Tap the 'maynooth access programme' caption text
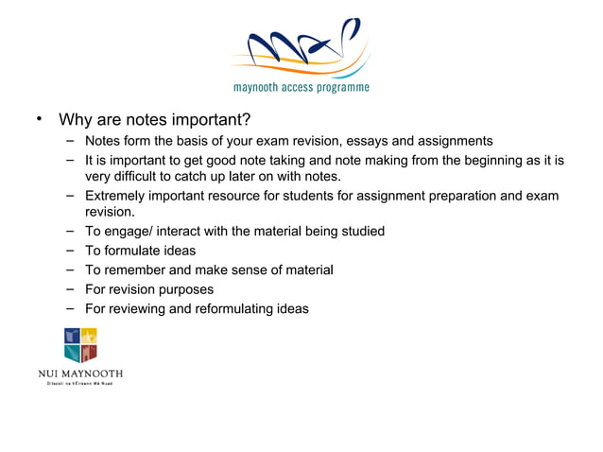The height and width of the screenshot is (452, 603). [x=301, y=88]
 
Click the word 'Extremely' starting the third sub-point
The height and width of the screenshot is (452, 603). [x=116, y=196]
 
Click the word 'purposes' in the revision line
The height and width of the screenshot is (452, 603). [x=184, y=289]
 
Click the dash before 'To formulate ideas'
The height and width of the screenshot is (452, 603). [x=71, y=251]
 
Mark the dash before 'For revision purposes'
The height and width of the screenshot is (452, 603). [x=71, y=289]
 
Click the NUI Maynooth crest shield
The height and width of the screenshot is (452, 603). [x=80, y=345]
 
